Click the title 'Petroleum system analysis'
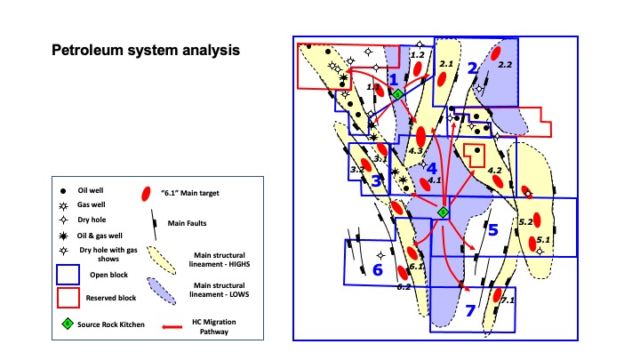coord(145,50)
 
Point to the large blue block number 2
coord(473,68)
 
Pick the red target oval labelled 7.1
coord(498,295)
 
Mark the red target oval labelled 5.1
coord(535,242)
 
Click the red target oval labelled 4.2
coord(498,180)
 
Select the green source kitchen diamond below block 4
coord(443,212)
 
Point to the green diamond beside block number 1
coord(398,93)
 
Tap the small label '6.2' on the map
coord(403,286)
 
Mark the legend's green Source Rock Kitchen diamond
coord(66,323)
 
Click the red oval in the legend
coord(147,194)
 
